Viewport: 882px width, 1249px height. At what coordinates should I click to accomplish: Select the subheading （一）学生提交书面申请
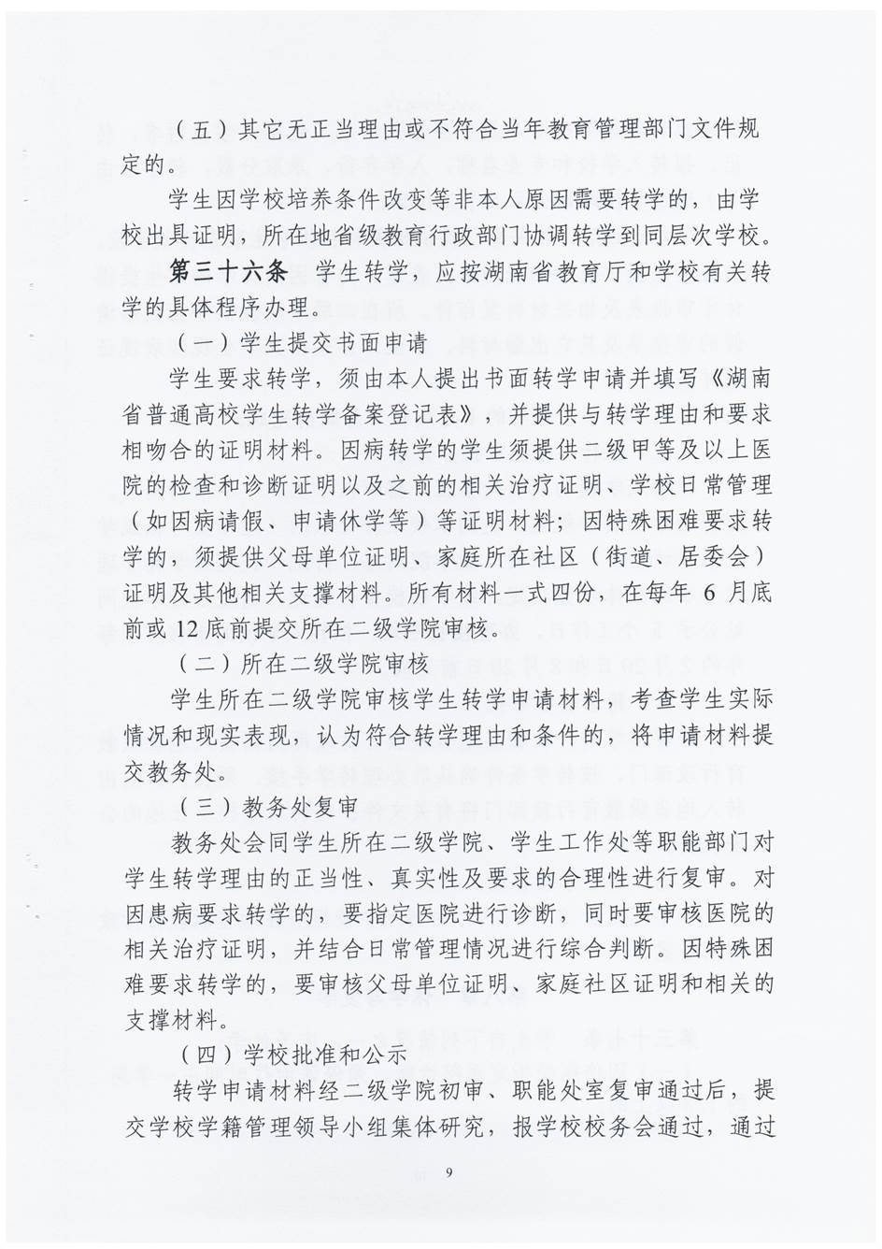[302, 342]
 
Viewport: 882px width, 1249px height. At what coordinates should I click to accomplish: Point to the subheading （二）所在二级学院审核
[302, 664]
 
